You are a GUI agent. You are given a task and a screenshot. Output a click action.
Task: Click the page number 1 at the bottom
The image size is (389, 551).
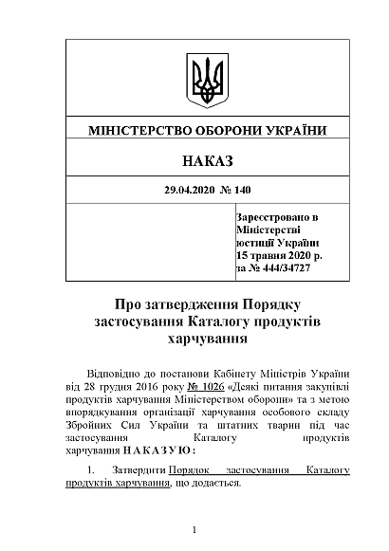(x=194, y=529)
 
